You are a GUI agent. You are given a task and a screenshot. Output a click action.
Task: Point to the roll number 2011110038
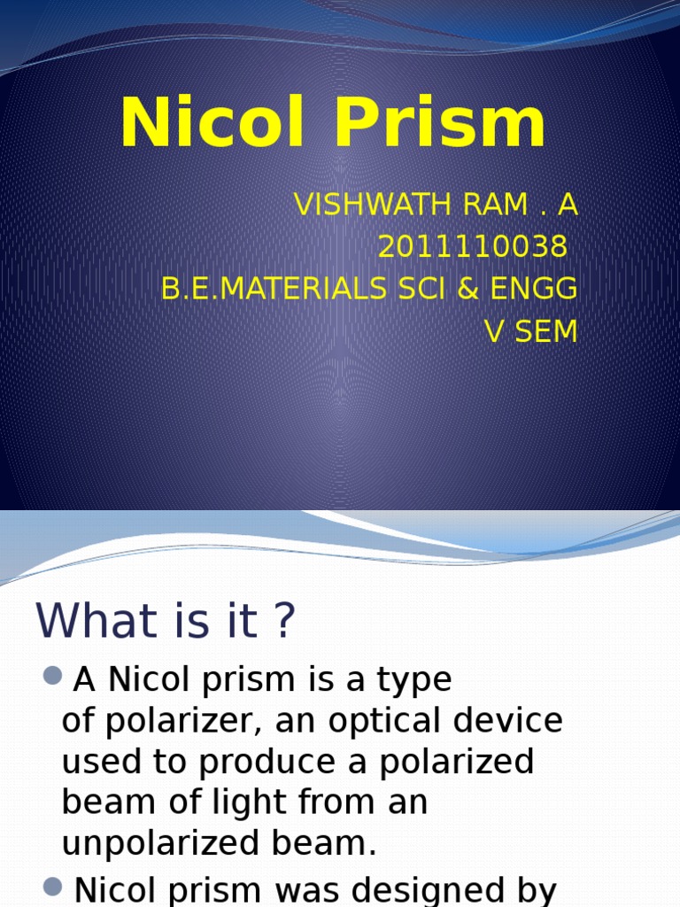(x=472, y=247)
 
